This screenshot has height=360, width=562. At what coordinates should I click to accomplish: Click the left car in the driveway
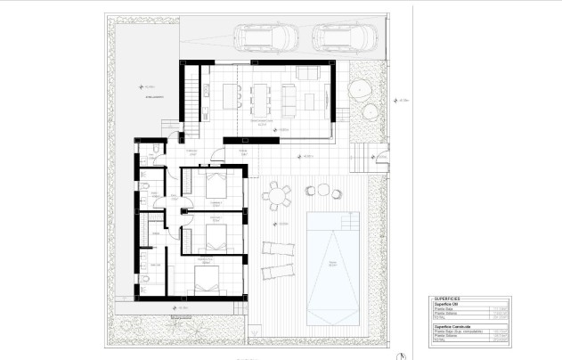click(x=266, y=37)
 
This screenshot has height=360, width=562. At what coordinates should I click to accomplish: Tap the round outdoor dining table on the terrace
click(x=278, y=194)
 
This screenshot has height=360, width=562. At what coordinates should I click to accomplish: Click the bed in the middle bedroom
click(x=215, y=235)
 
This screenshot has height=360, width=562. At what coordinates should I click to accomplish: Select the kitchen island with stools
click(x=234, y=93)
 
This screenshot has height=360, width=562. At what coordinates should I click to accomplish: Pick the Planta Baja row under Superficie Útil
click(x=445, y=310)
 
